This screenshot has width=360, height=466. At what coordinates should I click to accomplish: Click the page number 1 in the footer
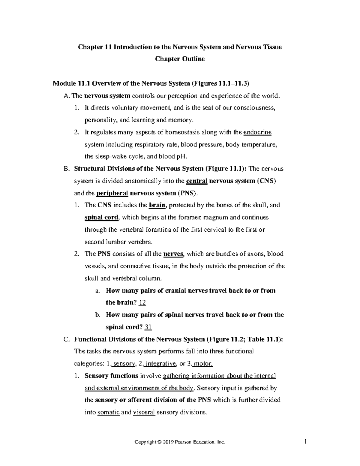click(305, 441)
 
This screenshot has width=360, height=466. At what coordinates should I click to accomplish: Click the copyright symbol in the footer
click(159, 442)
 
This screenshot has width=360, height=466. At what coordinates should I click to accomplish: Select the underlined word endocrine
click(258, 132)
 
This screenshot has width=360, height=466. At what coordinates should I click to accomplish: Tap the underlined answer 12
click(142, 302)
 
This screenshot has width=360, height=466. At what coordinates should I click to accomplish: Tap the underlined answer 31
click(148, 327)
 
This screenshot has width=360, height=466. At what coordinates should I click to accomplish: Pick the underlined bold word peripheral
click(112, 193)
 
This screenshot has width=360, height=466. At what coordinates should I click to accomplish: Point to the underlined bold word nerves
click(173, 254)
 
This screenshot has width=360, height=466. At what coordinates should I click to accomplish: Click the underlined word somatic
click(109, 412)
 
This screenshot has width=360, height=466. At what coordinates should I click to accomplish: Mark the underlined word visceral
click(144, 412)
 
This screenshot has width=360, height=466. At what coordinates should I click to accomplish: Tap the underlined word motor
click(203, 364)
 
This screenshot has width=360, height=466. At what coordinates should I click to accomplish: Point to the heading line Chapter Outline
click(180, 59)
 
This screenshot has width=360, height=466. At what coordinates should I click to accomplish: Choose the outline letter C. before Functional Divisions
click(67, 339)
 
